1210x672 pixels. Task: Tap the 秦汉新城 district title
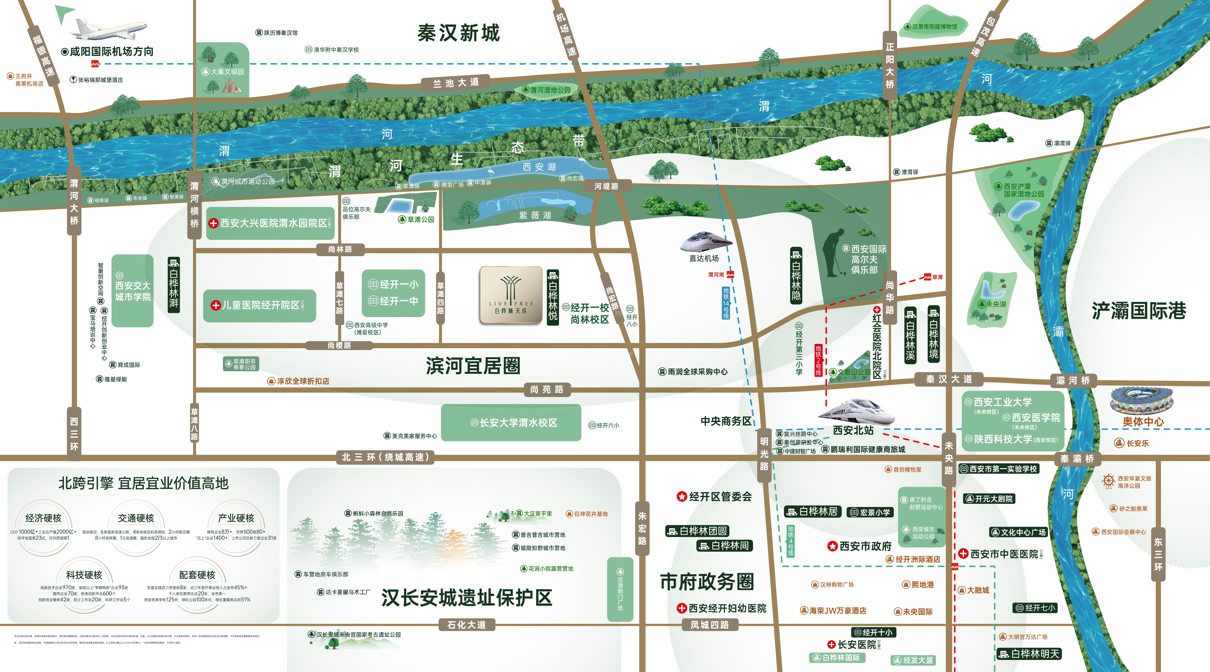tap(458, 33)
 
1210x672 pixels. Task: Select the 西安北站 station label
tap(853, 430)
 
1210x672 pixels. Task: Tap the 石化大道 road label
tap(466, 625)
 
